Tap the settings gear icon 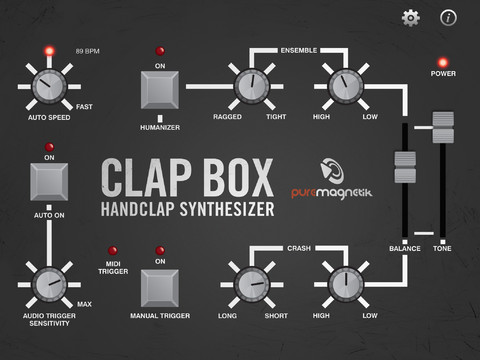[x=409, y=17]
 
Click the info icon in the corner [x=449, y=17]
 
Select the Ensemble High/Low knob [x=340, y=88]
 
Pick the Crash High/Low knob [x=340, y=284]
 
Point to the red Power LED [x=442, y=59]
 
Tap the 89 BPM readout [x=89, y=48]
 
